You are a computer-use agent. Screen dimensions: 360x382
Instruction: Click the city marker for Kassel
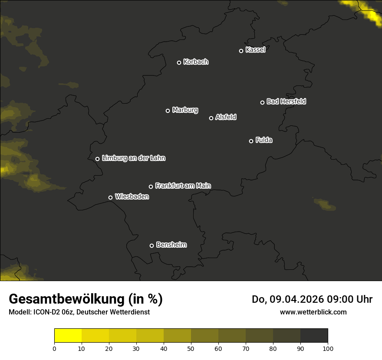(x=241, y=51)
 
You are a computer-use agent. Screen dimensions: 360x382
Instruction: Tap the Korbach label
(x=196, y=62)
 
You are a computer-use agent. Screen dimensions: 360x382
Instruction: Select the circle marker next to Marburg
(x=168, y=111)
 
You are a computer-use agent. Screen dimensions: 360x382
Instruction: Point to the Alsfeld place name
(x=226, y=117)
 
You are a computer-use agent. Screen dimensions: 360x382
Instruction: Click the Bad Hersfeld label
(x=286, y=101)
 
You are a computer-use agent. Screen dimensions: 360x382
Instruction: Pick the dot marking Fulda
(x=251, y=141)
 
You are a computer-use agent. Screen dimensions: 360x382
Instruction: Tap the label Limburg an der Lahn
(x=133, y=158)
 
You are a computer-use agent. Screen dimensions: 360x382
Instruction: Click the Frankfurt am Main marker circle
(x=151, y=187)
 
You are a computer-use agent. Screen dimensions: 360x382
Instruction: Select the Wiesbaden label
(x=132, y=196)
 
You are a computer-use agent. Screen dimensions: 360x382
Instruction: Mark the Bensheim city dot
(x=151, y=245)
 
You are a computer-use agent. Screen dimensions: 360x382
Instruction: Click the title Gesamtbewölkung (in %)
(x=86, y=299)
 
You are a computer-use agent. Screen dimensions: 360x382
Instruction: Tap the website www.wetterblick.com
(x=313, y=312)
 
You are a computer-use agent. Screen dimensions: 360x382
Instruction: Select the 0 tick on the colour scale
(x=54, y=348)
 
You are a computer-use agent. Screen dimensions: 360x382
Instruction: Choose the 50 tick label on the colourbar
(x=191, y=348)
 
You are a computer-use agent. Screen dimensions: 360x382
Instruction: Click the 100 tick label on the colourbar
(x=328, y=348)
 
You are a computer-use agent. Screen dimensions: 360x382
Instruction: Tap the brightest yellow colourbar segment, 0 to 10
(x=68, y=336)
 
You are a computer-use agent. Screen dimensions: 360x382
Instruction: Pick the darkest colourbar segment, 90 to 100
(x=314, y=336)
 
